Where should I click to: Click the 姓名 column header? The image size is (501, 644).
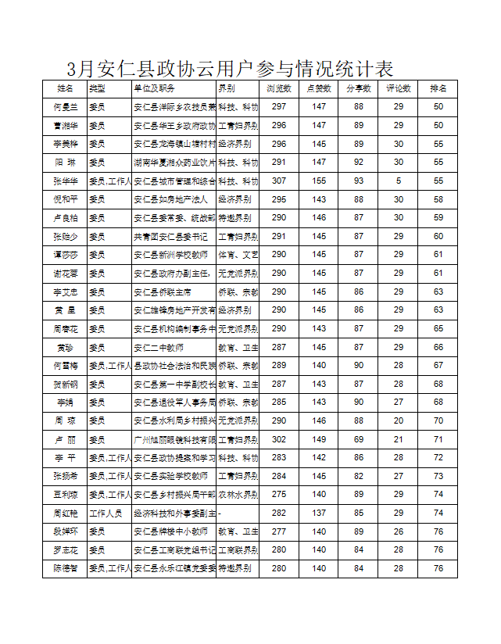pos(66,88)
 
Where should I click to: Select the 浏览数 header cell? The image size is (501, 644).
pos(279,88)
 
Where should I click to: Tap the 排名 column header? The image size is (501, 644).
pos(438,88)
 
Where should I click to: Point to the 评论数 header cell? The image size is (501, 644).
pos(399,88)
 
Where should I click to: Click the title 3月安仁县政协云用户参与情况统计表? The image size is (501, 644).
pos(230,68)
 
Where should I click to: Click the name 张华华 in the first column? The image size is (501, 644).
pos(66,181)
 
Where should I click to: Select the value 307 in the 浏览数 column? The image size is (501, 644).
pos(279,181)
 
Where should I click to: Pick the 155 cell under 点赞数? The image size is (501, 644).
pos(319,181)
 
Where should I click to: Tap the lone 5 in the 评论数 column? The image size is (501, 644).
pos(399,181)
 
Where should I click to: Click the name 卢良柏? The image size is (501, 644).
pos(66,218)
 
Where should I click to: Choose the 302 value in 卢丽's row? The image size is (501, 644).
pos(279,439)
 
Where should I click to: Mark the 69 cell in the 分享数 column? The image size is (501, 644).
pos(359,439)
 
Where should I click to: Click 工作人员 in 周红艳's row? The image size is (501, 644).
pos(109,513)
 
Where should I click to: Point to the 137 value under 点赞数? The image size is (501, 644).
pos(319,513)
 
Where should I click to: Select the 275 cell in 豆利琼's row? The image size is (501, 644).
pos(279,495)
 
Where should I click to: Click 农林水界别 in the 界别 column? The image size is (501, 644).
pos(238,495)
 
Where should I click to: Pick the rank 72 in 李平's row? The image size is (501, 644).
pos(438,458)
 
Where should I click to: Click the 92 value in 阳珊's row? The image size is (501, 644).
pos(359,163)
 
